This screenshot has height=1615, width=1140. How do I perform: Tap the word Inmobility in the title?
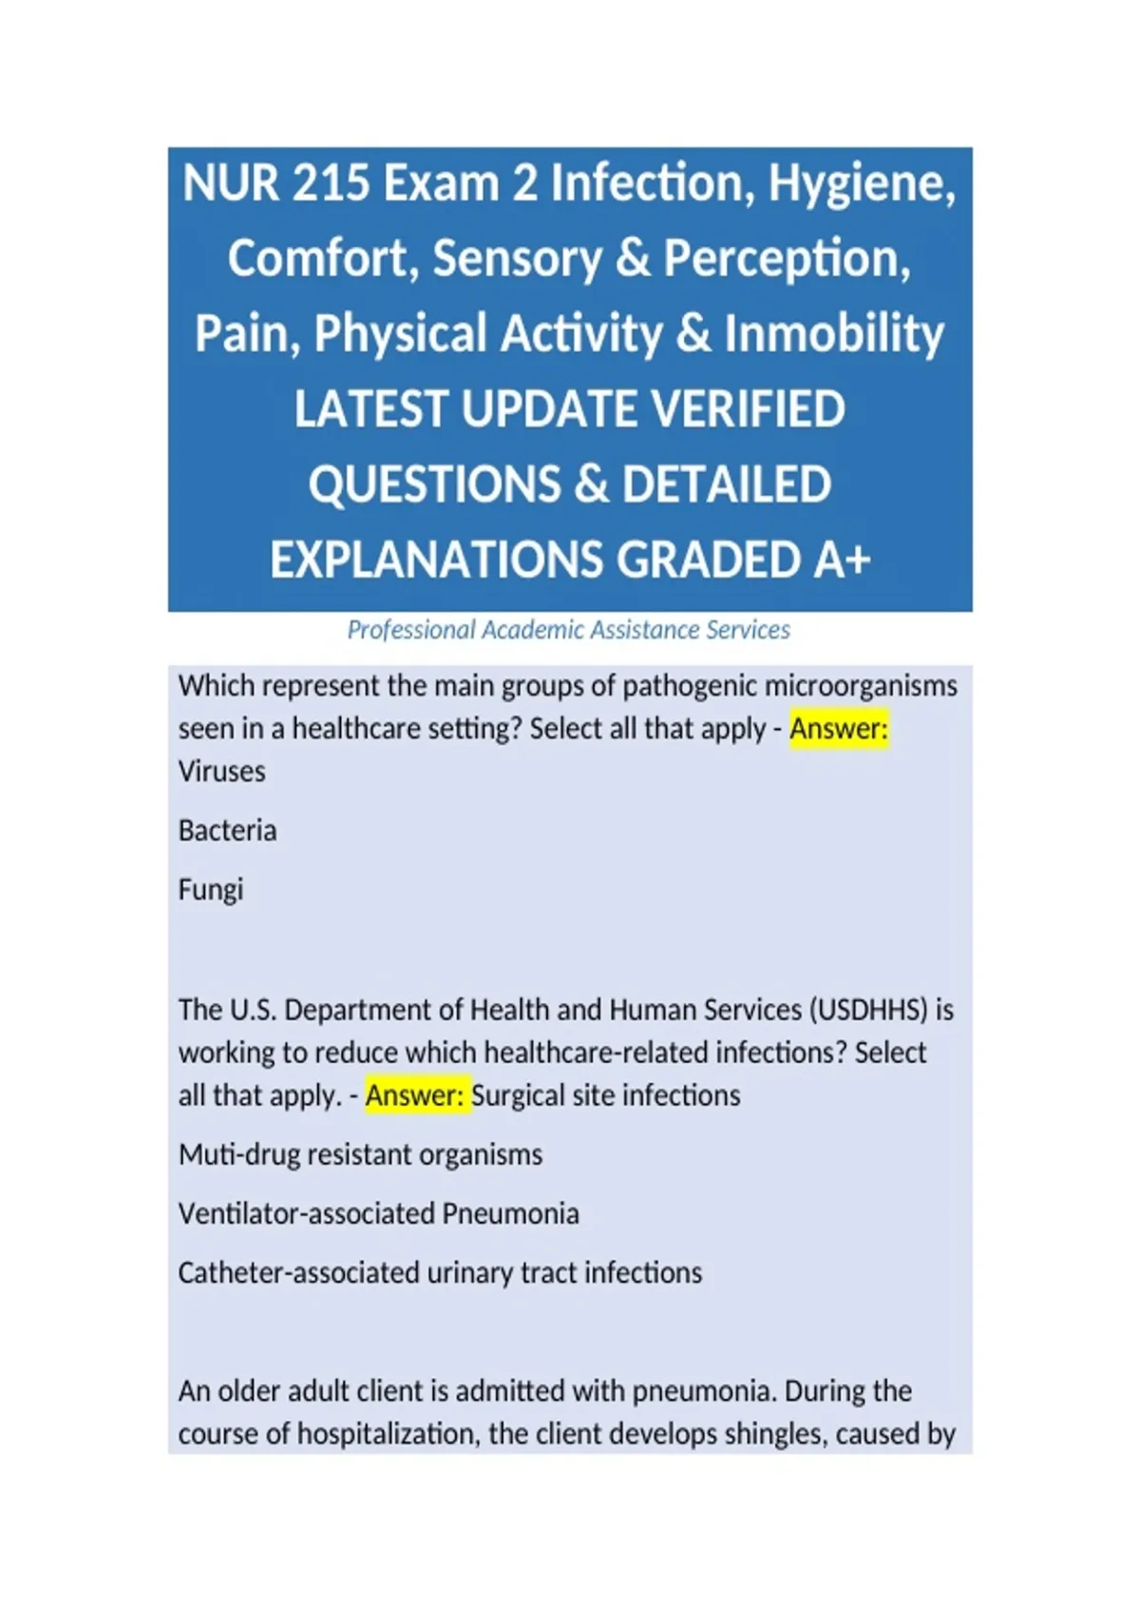tap(834, 334)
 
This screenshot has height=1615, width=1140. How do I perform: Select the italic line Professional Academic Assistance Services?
tap(569, 630)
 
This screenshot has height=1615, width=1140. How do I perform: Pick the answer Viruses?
tap(222, 771)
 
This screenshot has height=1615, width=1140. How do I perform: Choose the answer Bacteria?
tap(228, 830)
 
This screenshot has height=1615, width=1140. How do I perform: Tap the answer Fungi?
tap(211, 890)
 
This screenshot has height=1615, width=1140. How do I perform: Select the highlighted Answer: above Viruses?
tap(839, 729)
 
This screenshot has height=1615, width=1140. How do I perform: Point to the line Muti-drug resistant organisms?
tap(361, 1155)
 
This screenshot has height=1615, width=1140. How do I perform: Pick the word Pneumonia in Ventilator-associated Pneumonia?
tap(510, 1214)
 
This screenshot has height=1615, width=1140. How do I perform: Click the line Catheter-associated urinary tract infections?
tap(440, 1273)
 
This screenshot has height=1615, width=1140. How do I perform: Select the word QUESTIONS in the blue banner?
tap(435, 484)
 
